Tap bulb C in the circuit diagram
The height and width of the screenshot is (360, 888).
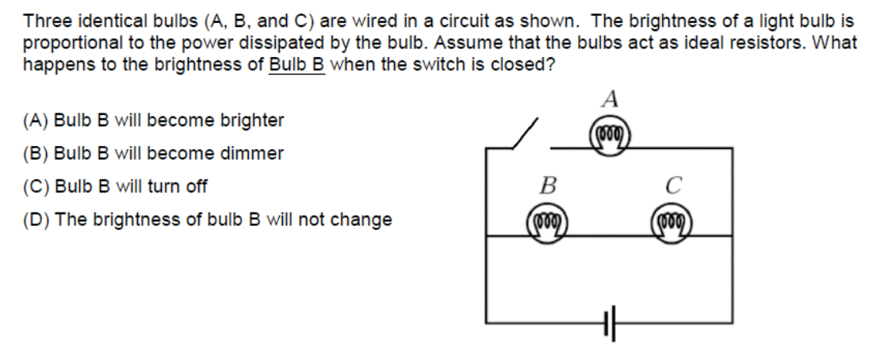pos(670,220)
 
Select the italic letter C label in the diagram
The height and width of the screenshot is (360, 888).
pos(671,188)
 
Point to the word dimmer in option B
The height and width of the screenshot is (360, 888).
pos(255,154)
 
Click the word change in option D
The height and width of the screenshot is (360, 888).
pos(365,220)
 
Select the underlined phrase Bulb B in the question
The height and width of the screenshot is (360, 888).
pos(297,65)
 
